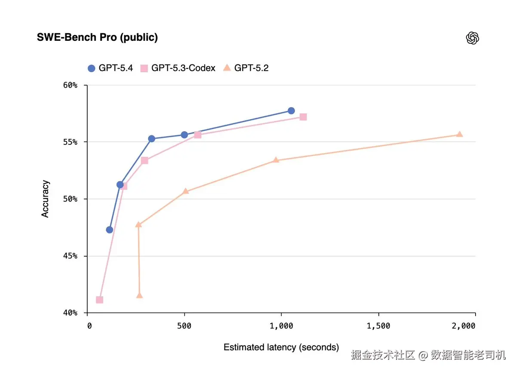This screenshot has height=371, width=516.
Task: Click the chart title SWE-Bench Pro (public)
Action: (x=98, y=37)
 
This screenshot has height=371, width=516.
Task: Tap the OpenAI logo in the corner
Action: (x=473, y=38)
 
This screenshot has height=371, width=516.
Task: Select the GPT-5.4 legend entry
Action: (x=110, y=68)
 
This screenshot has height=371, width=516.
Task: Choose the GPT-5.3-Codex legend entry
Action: (x=178, y=68)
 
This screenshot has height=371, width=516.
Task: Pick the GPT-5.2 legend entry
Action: (x=246, y=68)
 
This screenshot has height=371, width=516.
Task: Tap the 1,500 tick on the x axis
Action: (x=378, y=326)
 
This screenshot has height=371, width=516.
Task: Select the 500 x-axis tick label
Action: (x=184, y=326)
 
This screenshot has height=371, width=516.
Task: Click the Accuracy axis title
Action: (x=45, y=199)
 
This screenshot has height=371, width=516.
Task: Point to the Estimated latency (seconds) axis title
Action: (x=281, y=347)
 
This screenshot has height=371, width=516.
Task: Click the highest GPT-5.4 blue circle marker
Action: (x=291, y=110)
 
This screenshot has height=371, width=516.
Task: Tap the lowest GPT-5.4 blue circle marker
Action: (x=109, y=230)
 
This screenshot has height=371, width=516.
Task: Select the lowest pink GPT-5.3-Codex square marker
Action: (x=99, y=300)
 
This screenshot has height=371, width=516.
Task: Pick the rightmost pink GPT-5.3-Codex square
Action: (x=303, y=117)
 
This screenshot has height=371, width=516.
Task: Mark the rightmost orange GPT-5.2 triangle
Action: (x=460, y=134)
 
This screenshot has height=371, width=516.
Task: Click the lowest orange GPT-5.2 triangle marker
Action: (x=139, y=295)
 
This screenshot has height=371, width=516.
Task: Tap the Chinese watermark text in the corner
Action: (x=428, y=355)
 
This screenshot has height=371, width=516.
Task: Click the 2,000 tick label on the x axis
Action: (x=464, y=326)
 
